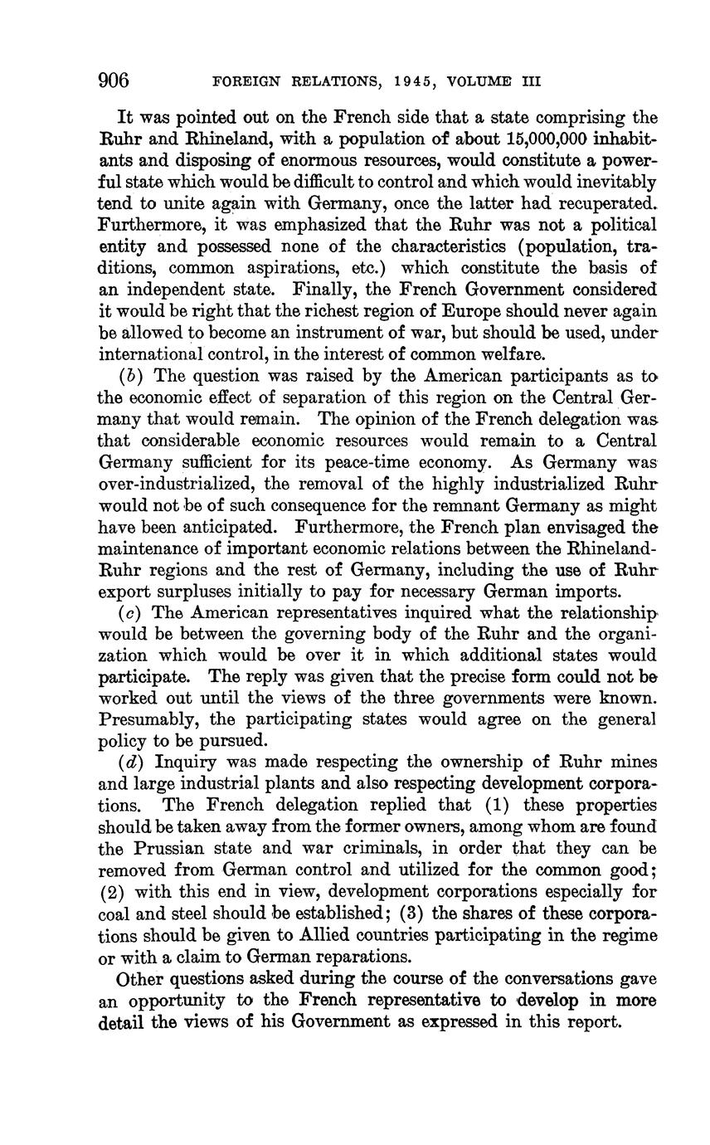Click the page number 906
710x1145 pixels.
pyautogui.click(x=114, y=80)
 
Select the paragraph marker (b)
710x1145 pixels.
pyautogui.click(x=130, y=376)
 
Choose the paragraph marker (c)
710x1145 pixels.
pyautogui.click(x=130, y=612)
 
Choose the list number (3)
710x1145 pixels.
pyautogui.click(x=413, y=914)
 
